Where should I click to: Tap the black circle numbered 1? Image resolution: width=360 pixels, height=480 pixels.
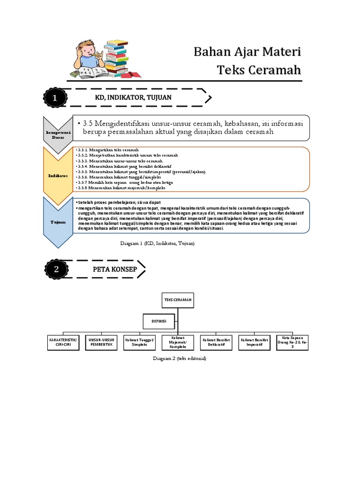(x=55, y=98)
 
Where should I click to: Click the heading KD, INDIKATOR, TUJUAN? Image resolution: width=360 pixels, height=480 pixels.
(x=134, y=97)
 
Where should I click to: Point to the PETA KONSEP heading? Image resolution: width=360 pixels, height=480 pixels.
(x=115, y=270)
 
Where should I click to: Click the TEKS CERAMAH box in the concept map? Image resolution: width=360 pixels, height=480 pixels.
(x=177, y=300)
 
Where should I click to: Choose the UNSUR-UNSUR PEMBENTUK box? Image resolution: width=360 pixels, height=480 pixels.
(x=102, y=342)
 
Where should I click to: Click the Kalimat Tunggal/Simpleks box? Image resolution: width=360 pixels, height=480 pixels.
(x=139, y=342)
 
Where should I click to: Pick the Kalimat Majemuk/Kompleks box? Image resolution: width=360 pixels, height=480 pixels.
(x=178, y=342)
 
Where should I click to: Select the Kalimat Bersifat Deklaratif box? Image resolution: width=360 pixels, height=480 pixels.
(x=217, y=342)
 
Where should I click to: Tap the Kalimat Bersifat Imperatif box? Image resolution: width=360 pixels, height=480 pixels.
(x=255, y=342)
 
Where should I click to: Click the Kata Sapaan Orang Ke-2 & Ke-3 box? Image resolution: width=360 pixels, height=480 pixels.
(x=293, y=342)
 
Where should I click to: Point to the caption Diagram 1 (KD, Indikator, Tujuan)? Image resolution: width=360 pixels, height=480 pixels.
(x=157, y=244)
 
